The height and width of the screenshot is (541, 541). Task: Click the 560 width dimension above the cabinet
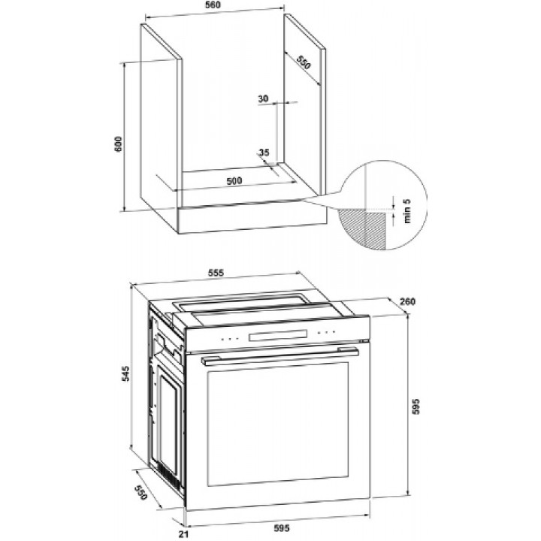click(213, 5)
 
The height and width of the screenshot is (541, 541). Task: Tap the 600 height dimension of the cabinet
click(119, 144)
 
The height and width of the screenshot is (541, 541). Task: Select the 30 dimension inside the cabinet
click(263, 98)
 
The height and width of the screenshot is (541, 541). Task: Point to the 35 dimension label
click(264, 152)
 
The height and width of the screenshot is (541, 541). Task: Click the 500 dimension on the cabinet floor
click(234, 181)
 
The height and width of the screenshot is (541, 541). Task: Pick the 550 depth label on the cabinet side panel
click(304, 62)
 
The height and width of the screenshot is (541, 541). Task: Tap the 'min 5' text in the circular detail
click(407, 211)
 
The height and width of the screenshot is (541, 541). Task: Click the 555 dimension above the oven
click(216, 273)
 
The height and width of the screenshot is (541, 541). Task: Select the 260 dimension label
click(407, 301)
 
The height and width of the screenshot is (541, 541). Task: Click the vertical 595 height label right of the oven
click(416, 407)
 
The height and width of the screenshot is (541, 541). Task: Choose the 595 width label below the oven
click(282, 528)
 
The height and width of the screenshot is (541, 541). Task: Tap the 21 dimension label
click(183, 534)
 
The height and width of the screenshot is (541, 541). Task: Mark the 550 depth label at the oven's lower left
click(141, 492)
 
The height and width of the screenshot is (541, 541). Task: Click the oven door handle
click(280, 356)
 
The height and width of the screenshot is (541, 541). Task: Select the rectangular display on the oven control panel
click(278, 335)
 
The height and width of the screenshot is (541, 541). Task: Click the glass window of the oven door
click(278, 424)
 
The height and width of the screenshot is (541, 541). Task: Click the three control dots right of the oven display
click(326, 332)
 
